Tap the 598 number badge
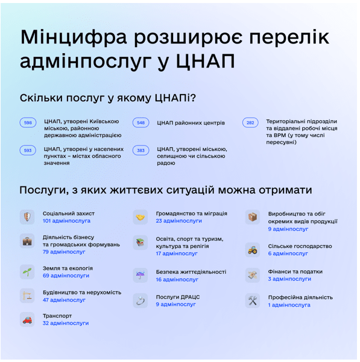[x=28, y=122]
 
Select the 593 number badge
[x=28, y=150]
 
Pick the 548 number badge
[x=141, y=122]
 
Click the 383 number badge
[x=141, y=150]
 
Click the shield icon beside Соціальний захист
[x=27, y=217]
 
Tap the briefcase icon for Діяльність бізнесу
[x=27, y=241]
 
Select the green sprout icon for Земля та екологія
[x=27, y=271]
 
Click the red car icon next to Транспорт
[x=27, y=319]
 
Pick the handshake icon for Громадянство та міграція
[x=140, y=217]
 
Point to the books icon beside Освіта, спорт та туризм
[x=140, y=243]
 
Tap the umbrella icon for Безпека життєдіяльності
[x=140, y=275]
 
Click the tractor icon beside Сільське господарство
[x=253, y=249]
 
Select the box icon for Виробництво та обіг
[x=253, y=217]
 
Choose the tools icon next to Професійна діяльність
[x=253, y=300]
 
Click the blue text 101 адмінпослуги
[x=66, y=221]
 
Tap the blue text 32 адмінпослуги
[x=65, y=323]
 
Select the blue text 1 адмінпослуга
[x=289, y=305]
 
